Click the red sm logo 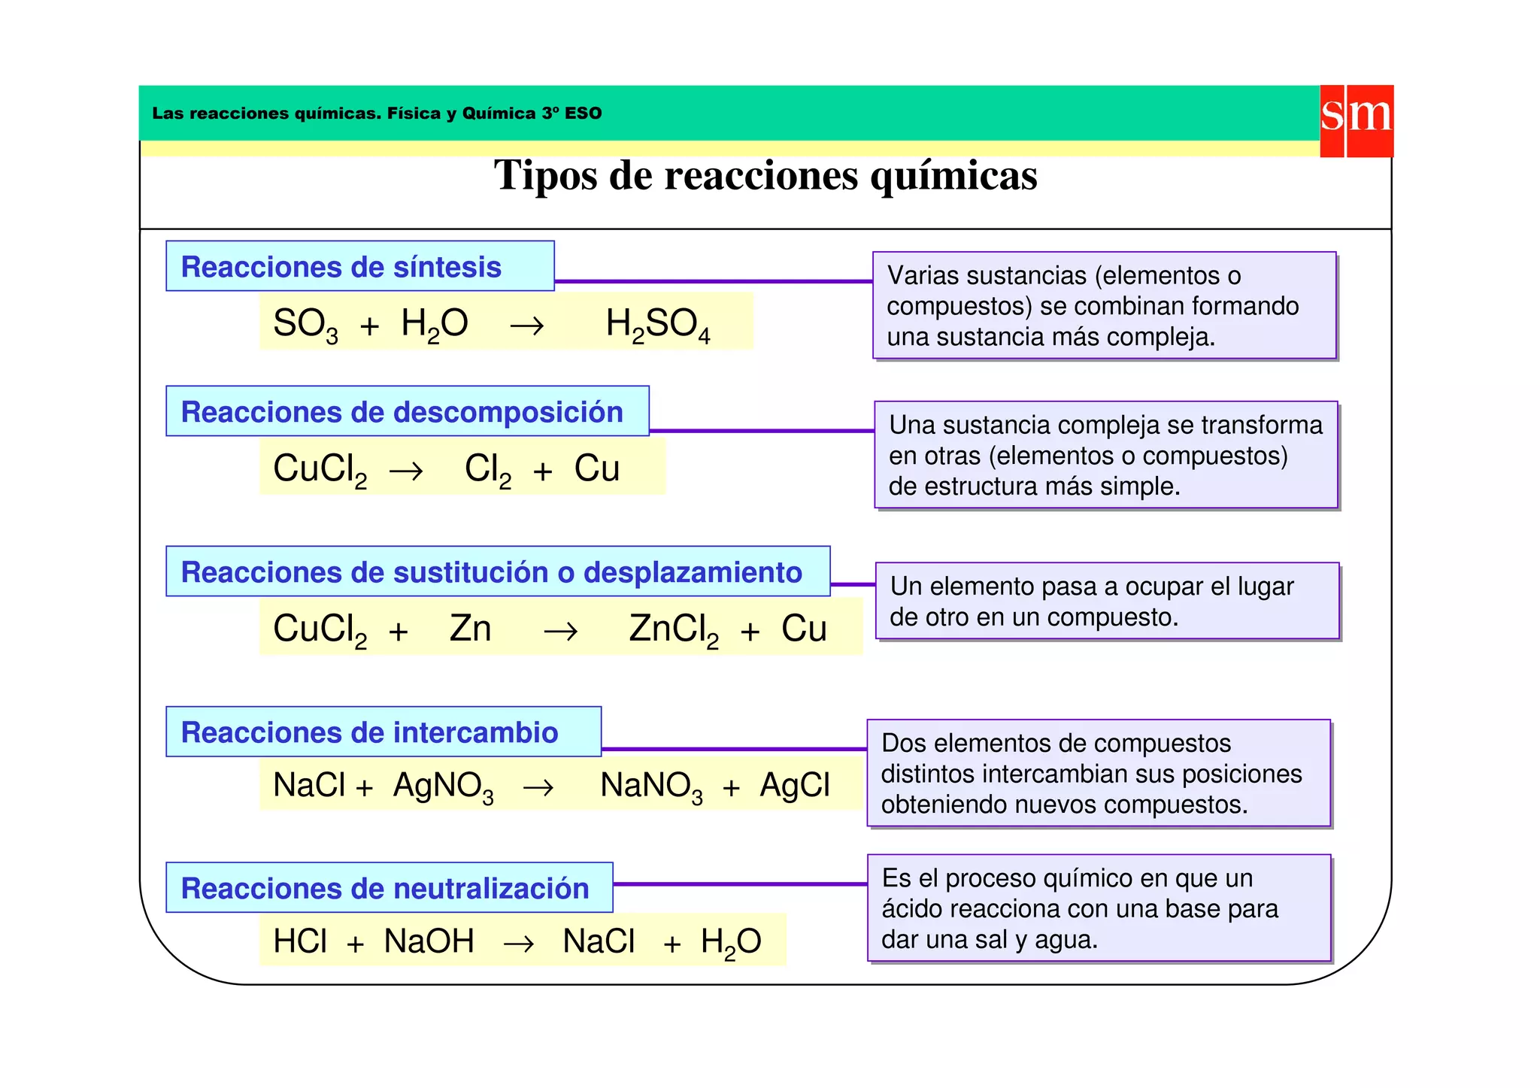click(x=1356, y=120)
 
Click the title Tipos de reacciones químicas click(x=765, y=175)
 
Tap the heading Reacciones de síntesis click(x=341, y=267)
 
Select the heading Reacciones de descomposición click(x=402, y=412)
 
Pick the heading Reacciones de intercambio click(x=369, y=732)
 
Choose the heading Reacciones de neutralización click(x=385, y=888)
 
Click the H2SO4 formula click(x=658, y=325)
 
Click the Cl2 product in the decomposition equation click(x=487, y=470)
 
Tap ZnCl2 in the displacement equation click(x=674, y=630)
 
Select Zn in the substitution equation click(x=470, y=629)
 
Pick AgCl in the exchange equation click(x=795, y=785)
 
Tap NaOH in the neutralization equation click(x=429, y=941)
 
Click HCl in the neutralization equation click(x=300, y=941)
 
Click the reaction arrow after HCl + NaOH click(x=518, y=944)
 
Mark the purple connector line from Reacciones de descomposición click(x=761, y=431)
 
